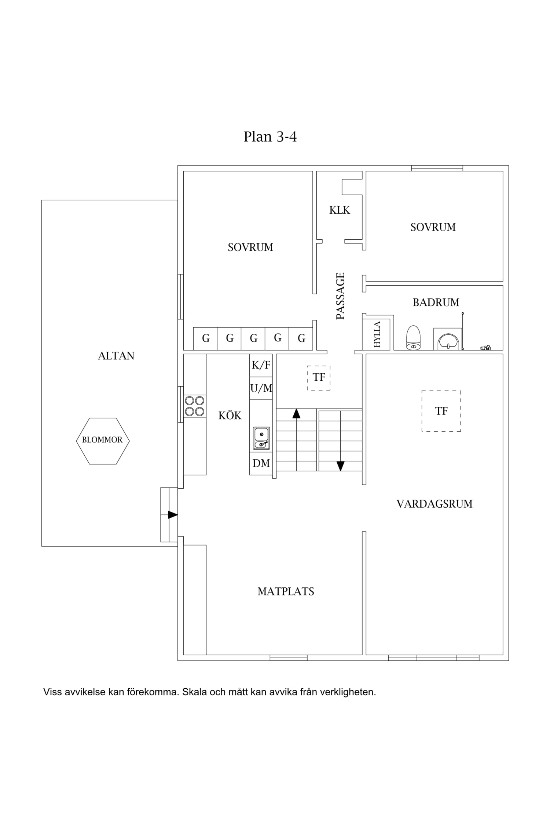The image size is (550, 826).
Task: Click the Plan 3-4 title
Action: click(x=270, y=137)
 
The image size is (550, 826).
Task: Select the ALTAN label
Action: click(x=116, y=356)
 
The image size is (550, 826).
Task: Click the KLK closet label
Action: click(x=340, y=210)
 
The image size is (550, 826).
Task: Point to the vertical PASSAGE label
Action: click(x=341, y=296)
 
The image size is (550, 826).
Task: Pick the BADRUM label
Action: click(x=436, y=302)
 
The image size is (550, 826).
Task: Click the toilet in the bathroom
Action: click(x=413, y=337)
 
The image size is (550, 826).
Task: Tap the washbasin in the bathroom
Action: click(x=448, y=339)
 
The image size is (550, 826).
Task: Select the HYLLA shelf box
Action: click(x=376, y=334)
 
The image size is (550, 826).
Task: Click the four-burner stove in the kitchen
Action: click(x=195, y=406)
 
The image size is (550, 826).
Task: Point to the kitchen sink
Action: click(x=261, y=438)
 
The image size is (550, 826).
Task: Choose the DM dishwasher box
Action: click(x=261, y=464)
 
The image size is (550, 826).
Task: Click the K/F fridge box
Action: click(x=261, y=365)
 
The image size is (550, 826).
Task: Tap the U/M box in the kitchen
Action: click(x=261, y=388)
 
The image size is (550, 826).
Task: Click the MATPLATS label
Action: click(x=286, y=591)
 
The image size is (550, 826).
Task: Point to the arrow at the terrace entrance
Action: click(x=173, y=515)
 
